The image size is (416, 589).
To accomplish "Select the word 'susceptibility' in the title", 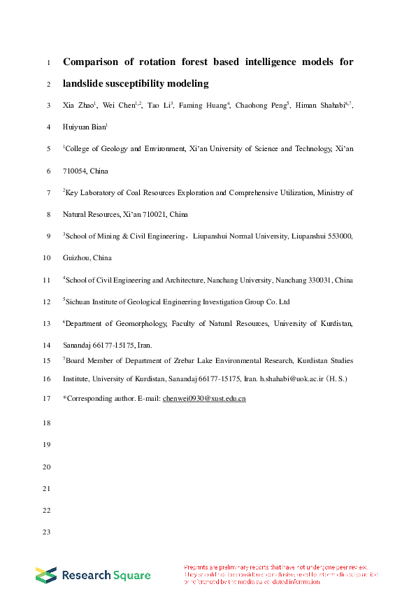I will [139, 84].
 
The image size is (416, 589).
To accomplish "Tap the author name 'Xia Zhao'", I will [78, 106].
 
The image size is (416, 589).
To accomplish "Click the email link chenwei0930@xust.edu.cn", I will [203, 399].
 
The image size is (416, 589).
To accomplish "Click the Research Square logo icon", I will [46, 575].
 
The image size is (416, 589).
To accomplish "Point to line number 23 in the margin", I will [48, 533].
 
